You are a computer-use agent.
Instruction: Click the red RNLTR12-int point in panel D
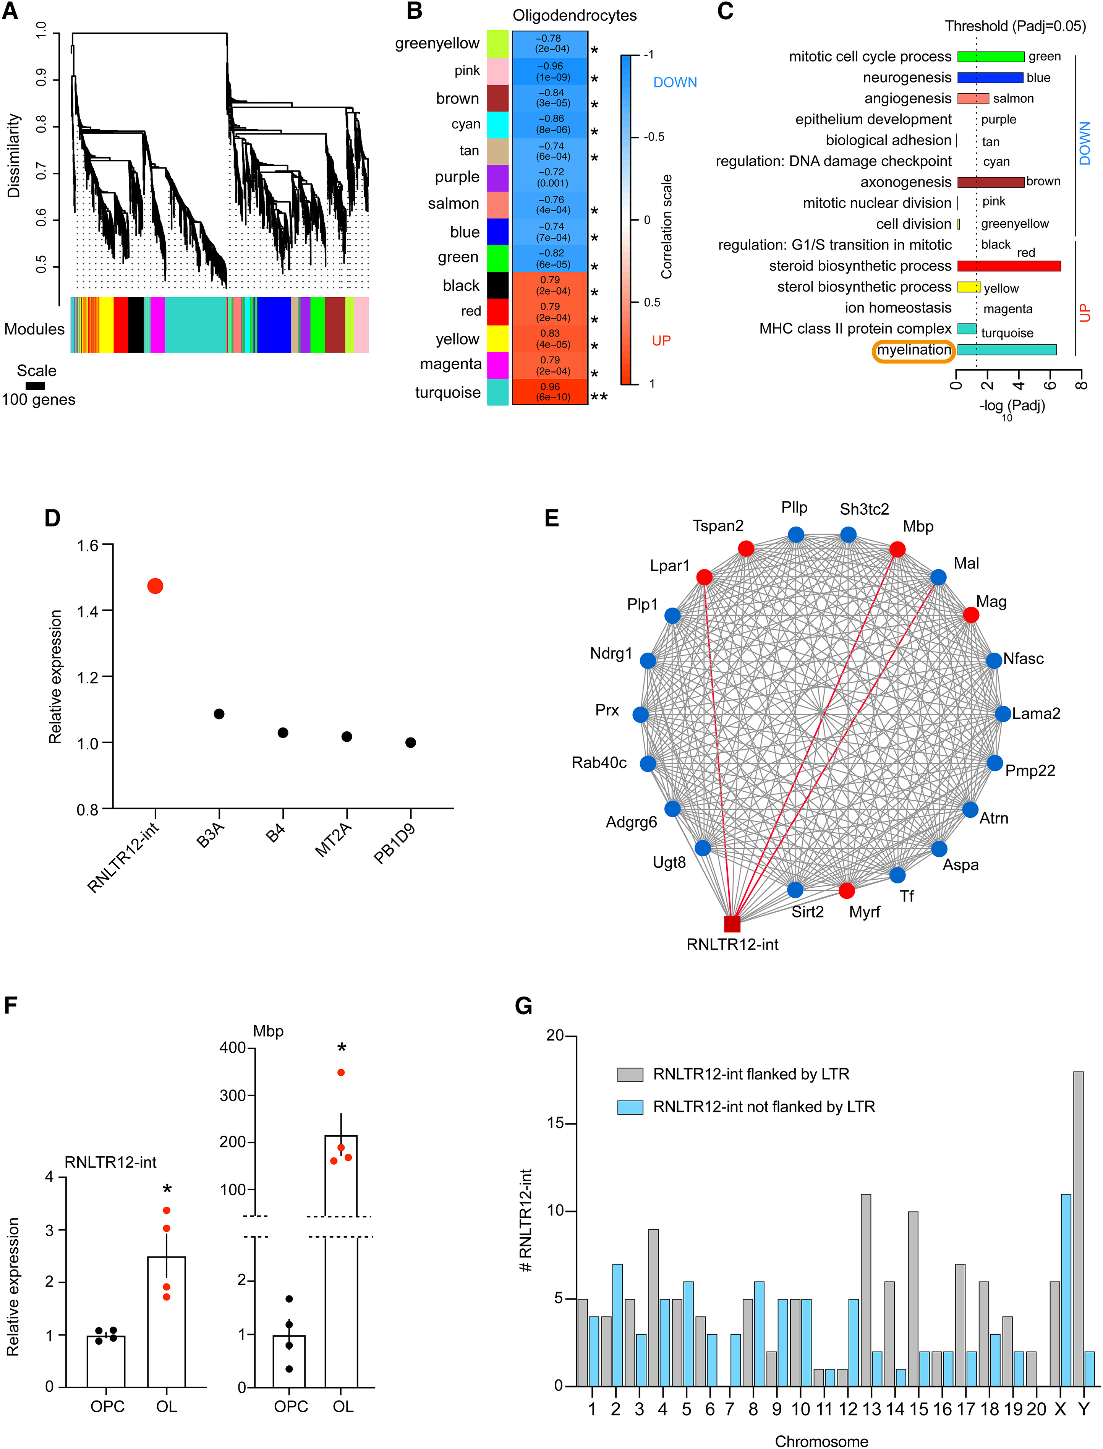point(155,586)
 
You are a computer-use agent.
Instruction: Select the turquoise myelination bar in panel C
point(1006,350)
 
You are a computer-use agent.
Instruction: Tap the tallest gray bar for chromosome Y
point(1078,1228)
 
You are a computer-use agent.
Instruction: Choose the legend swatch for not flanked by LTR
point(630,1107)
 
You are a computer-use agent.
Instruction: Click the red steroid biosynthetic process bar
point(1009,266)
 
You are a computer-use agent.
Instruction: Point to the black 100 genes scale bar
point(36,386)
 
